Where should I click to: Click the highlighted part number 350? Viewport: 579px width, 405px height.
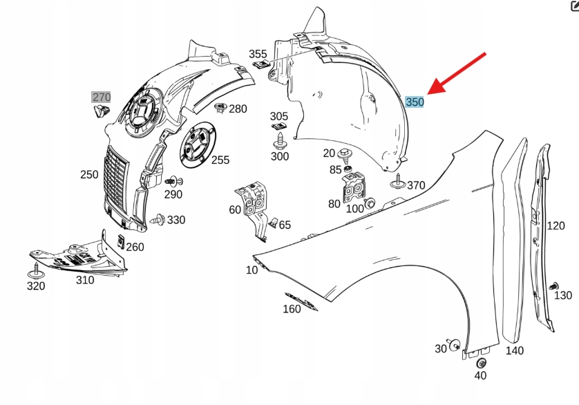[x=415, y=102]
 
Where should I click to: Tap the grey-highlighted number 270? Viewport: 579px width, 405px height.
[x=102, y=97]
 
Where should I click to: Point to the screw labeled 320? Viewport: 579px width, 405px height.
[x=36, y=272]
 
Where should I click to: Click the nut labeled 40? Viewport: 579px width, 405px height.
[x=482, y=363]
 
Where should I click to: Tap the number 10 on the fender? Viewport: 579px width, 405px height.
[x=251, y=270]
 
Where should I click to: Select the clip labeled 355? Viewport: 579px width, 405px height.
[x=262, y=65]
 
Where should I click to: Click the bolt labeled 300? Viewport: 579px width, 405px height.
[x=280, y=142]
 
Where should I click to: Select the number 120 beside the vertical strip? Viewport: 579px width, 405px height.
[x=556, y=225]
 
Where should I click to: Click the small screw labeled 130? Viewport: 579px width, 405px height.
[x=552, y=286]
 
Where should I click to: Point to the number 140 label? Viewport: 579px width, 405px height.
[x=514, y=350]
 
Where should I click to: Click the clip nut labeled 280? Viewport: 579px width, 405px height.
[x=221, y=107]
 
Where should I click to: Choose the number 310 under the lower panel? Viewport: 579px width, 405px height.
[x=85, y=280]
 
